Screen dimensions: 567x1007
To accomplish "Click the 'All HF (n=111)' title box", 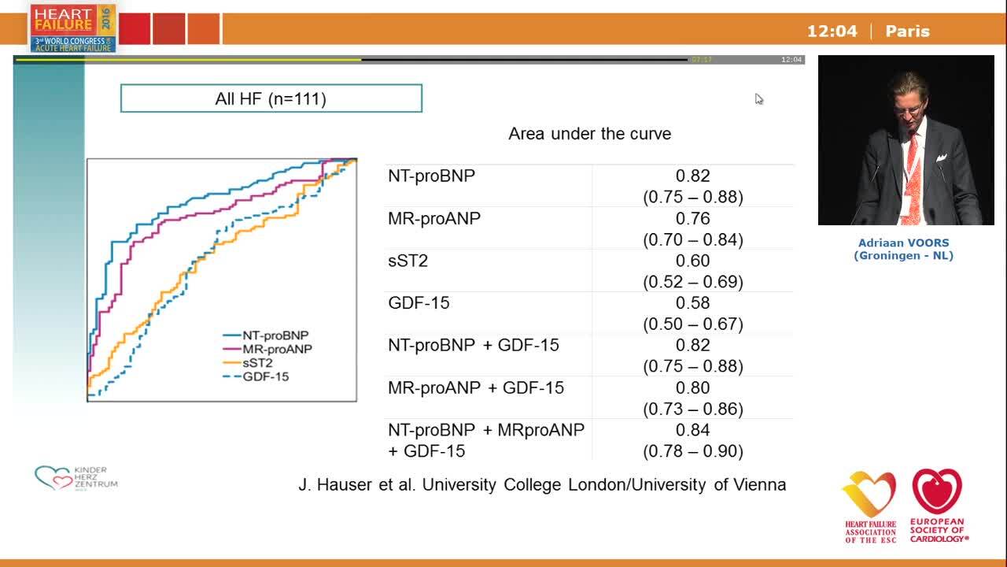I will click(x=271, y=98).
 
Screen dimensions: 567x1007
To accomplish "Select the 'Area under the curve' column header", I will click(x=589, y=134).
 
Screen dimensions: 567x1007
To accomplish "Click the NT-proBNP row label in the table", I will click(x=431, y=176).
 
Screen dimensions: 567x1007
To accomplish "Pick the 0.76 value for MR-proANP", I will click(x=692, y=219).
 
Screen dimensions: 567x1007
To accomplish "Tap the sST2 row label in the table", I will click(x=408, y=261).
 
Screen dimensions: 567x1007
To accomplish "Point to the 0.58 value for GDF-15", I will click(x=692, y=303).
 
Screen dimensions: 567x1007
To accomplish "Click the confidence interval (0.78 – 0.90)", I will click(x=692, y=451).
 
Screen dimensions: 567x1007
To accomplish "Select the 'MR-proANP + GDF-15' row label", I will click(x=475, y=388).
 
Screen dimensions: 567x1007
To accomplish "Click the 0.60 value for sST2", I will click(x=692, y=261).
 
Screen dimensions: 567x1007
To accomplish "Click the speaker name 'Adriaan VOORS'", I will click(x=903, y=243).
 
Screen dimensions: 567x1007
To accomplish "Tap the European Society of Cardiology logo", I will click(x=938, y=505).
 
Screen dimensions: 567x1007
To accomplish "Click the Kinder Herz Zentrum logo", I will click(x=76, y=477).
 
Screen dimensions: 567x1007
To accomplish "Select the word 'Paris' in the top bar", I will click(x=907, y=31).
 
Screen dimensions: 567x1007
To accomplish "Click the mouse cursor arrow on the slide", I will click(x=758, y=98).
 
